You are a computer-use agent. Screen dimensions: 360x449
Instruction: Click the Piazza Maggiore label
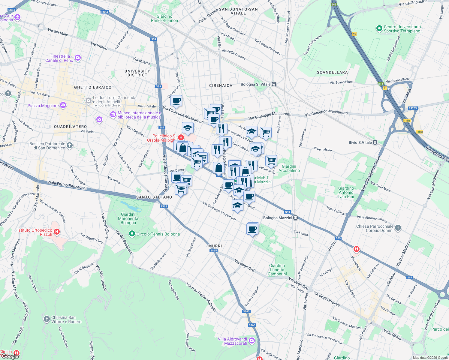click(x=43, y=106)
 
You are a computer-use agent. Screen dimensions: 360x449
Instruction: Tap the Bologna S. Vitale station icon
click(x=274, y=85)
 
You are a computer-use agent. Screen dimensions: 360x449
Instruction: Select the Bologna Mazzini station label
click(x=277, y=218)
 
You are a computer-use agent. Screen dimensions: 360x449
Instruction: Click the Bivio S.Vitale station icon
click(x=375, y=142)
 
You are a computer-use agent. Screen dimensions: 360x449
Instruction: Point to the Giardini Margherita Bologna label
click(x=128, y=218)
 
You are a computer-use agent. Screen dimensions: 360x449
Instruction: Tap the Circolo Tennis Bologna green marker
click(x=132, y=234)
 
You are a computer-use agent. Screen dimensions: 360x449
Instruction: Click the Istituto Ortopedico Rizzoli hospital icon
click(x=57, y=232)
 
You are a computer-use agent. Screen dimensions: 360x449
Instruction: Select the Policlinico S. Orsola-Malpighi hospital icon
click(x=181, y=137)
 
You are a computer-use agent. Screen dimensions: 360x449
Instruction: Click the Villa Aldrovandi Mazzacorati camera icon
click(x=252, y=341)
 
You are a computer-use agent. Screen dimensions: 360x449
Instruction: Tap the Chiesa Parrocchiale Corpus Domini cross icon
click(x=398, y=228)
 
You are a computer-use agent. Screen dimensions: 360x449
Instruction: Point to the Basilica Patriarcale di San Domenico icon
click(x=70, y=145)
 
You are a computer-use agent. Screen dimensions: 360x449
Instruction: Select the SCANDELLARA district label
click(x=332, y=72)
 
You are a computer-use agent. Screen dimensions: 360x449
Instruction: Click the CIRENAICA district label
click(x=221, y=85)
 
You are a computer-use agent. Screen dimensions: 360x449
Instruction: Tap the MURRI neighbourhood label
click(x=215, y=246)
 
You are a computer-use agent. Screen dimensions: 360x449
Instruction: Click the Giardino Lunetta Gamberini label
click(x=278, y=270)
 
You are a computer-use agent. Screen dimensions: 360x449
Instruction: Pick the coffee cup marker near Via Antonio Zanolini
click(x=176, y=101)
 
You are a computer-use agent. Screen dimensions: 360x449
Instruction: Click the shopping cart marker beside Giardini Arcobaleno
click(x=271, y=160)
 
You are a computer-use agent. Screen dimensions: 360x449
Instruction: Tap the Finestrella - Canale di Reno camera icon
click(x=78, y=58)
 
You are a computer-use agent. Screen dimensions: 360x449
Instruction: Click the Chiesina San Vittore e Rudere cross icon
click(x=47, y=319)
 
